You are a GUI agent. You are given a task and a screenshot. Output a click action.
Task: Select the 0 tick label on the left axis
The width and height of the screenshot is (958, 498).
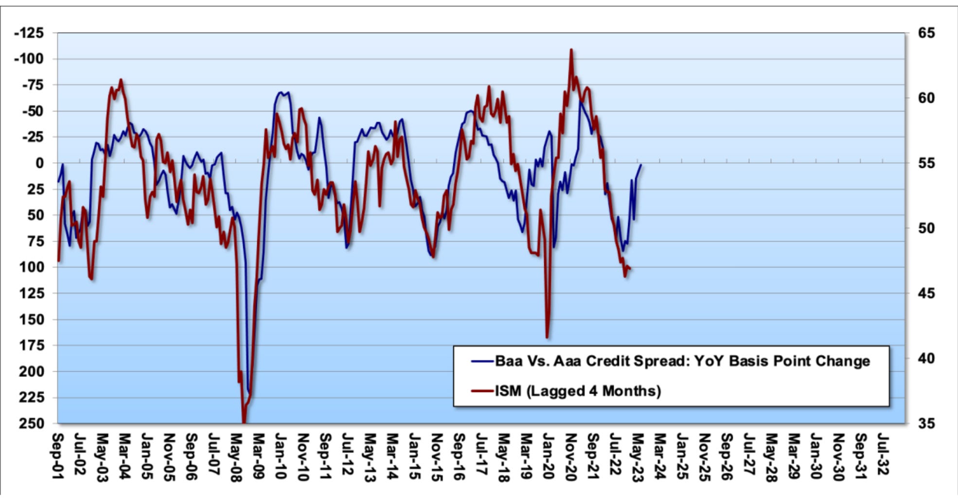(x=39, y=163)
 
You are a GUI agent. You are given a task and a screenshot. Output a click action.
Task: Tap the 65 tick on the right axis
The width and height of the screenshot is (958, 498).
(x=926, y=33)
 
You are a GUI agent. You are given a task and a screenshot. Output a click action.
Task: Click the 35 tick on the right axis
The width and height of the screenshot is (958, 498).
(x=926, y=423)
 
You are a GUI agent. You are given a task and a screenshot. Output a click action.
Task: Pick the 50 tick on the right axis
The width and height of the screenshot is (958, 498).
(x=926, y=228)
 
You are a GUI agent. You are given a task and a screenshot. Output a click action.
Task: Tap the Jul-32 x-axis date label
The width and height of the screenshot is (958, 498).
(x=883, y=455)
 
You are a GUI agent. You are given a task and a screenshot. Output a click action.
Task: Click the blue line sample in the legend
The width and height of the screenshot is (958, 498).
(x=482, y=361)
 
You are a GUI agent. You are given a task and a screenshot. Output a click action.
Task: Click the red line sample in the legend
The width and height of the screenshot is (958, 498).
(x=482, y=391)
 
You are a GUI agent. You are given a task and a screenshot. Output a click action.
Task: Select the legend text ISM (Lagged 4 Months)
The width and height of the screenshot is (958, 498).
(x=578, y=391)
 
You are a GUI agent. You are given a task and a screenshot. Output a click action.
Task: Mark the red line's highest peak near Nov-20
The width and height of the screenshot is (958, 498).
(x=571, y=50)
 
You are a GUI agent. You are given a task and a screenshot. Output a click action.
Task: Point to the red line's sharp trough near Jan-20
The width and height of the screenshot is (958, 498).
(x=547, y=337)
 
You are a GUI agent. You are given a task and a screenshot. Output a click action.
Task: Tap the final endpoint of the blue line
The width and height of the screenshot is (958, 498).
(x=641, y=165)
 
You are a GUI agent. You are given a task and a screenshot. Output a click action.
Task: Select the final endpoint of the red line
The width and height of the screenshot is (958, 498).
(x=630, y=268)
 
